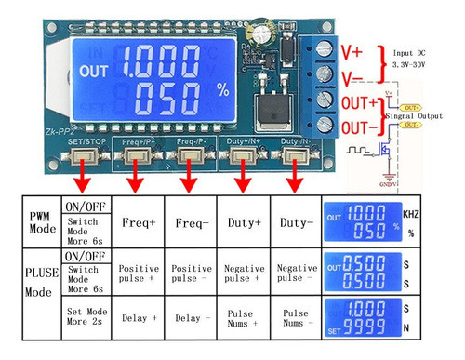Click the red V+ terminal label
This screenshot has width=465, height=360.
pyautogui.click(x=355, y=47)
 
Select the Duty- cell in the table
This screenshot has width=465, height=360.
pyautogui.click(x=295, y=223)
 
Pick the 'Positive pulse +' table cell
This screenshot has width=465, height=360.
pyautogui.click(x=139, y=273)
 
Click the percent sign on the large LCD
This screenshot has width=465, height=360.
pyautogui.click(x=222, y=90)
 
